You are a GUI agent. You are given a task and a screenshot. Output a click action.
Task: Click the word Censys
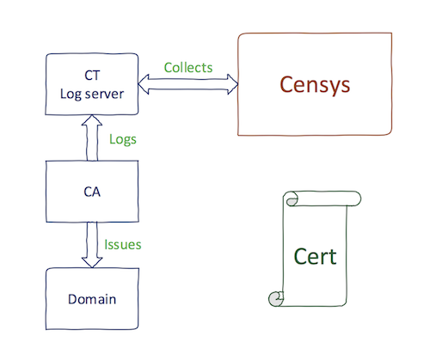pyautogui.click(x=315, y=85)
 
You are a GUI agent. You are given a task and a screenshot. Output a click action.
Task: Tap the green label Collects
pyautogui.click(x=188, y=68)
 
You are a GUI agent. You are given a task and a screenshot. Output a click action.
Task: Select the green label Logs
pyautogui.click(x=123, y=140)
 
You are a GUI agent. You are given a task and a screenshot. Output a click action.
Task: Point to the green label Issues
pyautogui.click(x=123, y=245)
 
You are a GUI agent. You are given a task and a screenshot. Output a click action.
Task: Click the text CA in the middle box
pyautogui.click(x=92, y=192)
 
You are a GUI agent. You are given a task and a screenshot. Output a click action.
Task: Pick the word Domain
pyautogui.click(x=92, y=299)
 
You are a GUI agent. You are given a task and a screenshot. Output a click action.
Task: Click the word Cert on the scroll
pyautogui.click(x=315, y=257)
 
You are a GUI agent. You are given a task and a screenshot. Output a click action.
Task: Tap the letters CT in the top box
pyautogui.click(x=92, y=76)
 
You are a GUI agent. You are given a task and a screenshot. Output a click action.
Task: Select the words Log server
pyautogui.click(x=92, y=95)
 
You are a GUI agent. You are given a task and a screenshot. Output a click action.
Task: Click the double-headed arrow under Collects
pyautogui.click(x=188, y=84)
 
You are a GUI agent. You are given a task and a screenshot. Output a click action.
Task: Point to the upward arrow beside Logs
pyautogui.click(x=92, y=137)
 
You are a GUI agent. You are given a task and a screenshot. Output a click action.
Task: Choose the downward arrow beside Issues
pyautogui.click(x=92, y=245)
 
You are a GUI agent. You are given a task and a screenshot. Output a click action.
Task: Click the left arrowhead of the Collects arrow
pyautogui.click(x=144, y=84)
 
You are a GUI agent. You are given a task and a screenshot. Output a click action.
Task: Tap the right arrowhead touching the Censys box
pyautogui.click(x=233, y=84)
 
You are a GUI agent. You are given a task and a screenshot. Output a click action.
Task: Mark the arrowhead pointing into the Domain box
pyautogui.click(x=92, y=263)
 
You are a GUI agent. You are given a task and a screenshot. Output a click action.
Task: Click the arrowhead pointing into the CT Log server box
pyautogui.click(x=92, y=120)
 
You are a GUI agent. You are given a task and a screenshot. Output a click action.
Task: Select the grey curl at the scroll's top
pyautogui.click(x=292, y=202)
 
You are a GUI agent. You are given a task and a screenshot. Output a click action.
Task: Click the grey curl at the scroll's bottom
pyautogui.click(x=276, y=299)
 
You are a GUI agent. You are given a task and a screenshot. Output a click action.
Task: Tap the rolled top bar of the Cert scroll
pyautogui.click(x=322, y=198)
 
